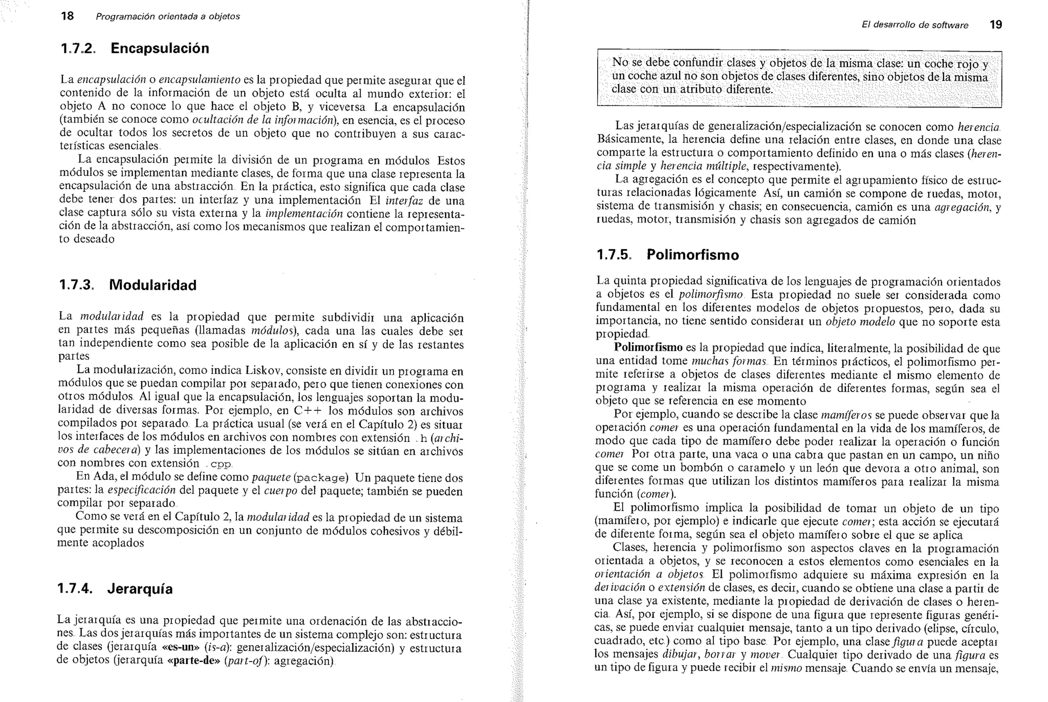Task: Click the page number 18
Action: pyautogui.click(x=67, y=16)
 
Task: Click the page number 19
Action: pyautogui.click(x=996, y=25)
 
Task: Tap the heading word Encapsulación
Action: pyautogui.click(x=160, y=49)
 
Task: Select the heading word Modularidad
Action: pyautogui.click(x=152, y=285)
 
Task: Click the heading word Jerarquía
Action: pyautogui.click(x=140, y=589)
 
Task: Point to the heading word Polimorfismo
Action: pyautogui.click(x=693, y=255)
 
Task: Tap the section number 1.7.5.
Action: pyautogui.click(x=614, y=255)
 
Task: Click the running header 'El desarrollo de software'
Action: pyautogui.click(x=914, y=25)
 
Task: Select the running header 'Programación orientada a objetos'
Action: pyautogui.click(x=168, y=16)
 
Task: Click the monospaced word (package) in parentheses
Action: pyautogui.click(x=321, y=478)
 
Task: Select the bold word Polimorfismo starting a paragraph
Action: pyautogui.click(x=648, y=348)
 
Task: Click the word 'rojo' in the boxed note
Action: pyautogui.click(x=968, y=64)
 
